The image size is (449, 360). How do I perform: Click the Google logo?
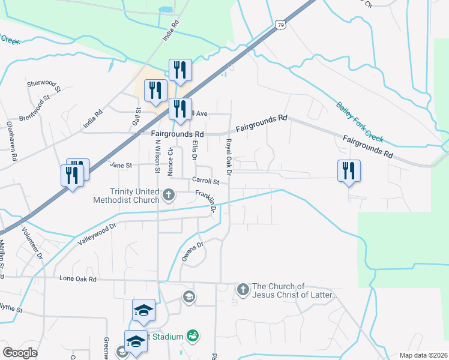coord(20,353)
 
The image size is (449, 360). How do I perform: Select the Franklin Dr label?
coord(205,200)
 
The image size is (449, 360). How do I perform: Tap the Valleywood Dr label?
coord(96,235)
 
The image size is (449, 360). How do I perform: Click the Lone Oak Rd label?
coord(78,279)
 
